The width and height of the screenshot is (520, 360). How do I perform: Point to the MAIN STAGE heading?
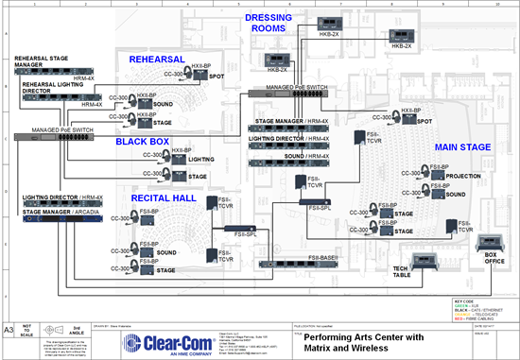461,148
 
